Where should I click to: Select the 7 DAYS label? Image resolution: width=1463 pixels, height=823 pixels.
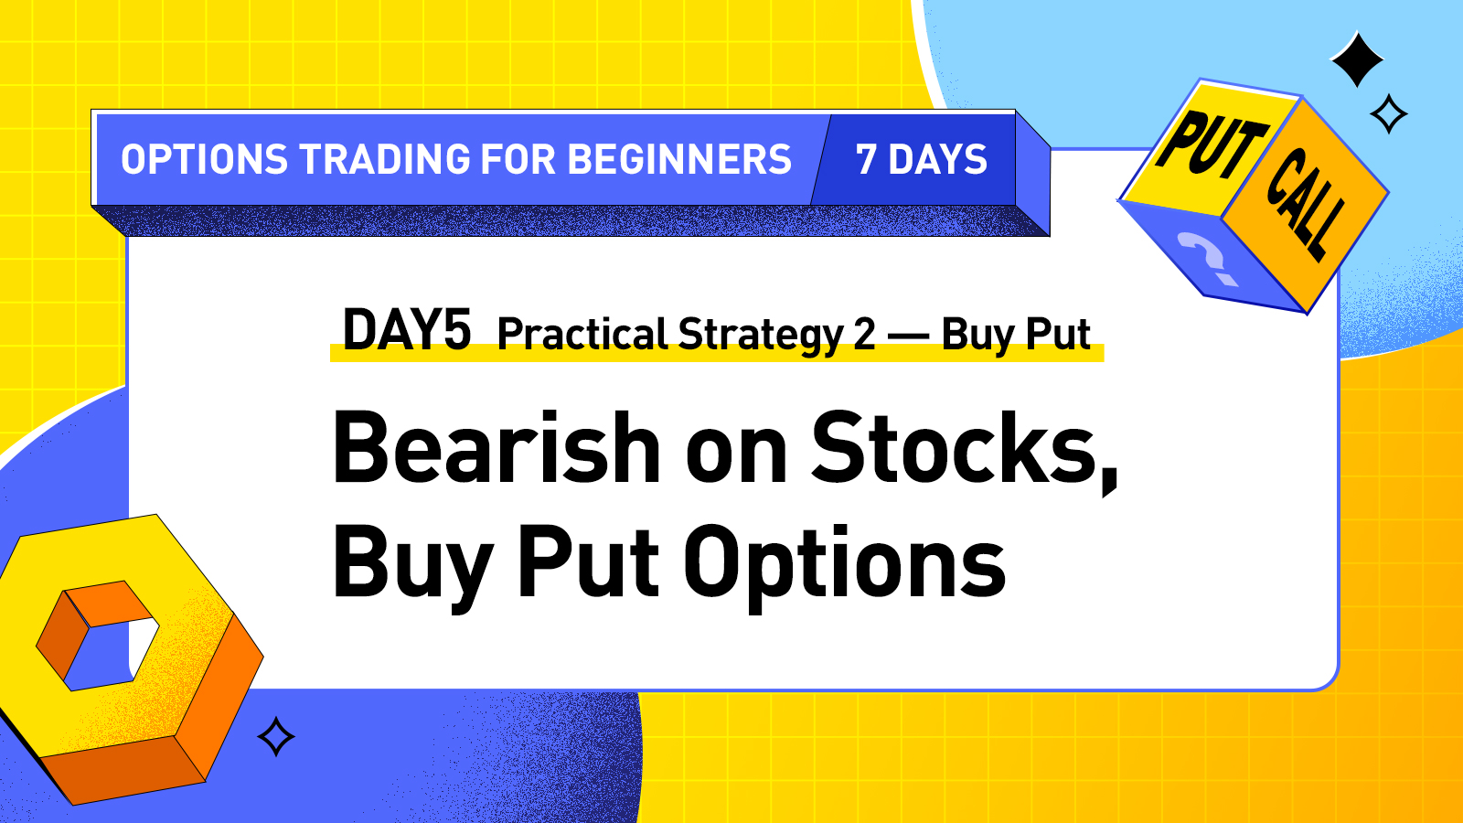(x=921, y=160)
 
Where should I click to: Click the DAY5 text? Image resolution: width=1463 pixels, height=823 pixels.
(x=407, y=330)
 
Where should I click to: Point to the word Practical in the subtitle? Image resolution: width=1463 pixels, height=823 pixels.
(x=582, y=334)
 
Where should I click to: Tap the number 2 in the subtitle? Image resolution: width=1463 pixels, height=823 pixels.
(x=865, y=335)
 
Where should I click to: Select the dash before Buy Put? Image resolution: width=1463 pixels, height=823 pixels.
(x=909, y=337)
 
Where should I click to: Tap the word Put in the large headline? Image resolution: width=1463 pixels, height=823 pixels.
(x=588, y=561)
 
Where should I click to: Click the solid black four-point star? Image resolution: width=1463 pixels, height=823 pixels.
(x=1357, y=59)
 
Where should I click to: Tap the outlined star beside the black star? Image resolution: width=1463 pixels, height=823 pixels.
(x=1389, y=114)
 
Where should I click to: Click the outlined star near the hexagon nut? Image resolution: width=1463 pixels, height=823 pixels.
(x=276, y=736)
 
